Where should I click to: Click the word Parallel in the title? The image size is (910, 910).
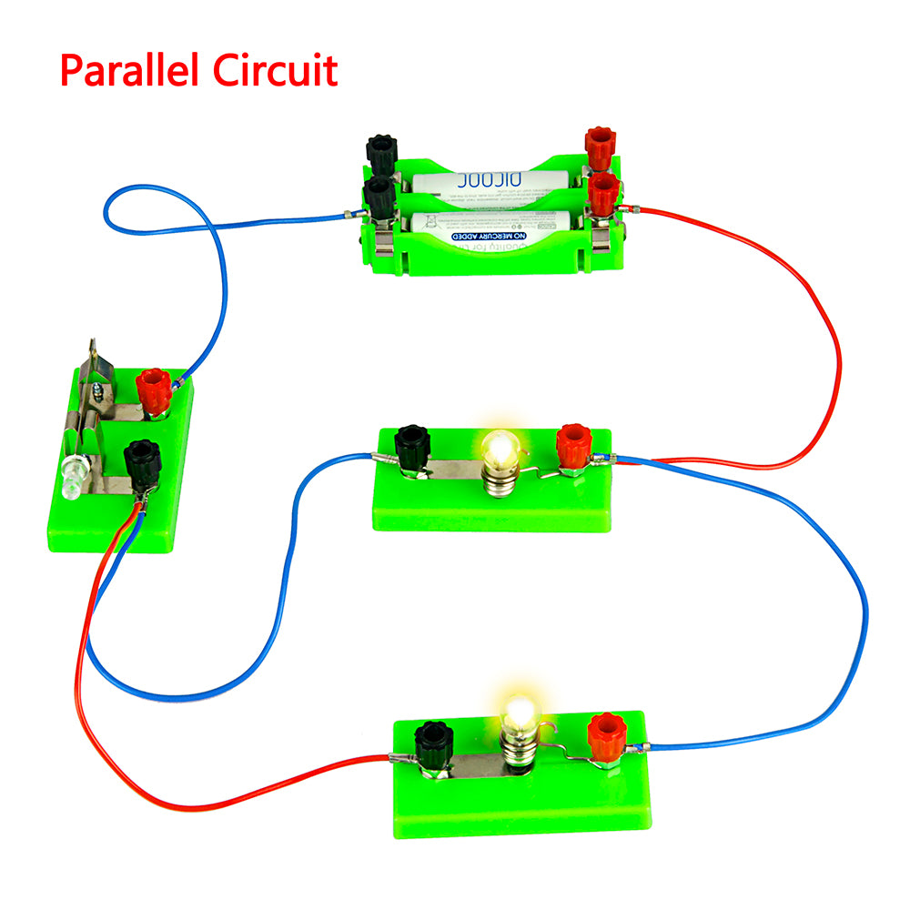tap(135, 70)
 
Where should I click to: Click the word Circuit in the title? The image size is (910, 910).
tap(277, 70)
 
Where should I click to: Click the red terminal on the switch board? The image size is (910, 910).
tap(154, 390)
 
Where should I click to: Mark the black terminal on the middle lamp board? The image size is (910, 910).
tap(412, 446)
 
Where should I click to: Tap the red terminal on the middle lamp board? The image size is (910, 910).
tap(574, 445)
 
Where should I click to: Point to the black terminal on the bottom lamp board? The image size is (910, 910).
tap(433, 743)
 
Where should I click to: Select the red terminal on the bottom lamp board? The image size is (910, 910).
tap(605, 734)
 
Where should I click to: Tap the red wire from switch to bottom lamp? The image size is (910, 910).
tap(136, 783)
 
